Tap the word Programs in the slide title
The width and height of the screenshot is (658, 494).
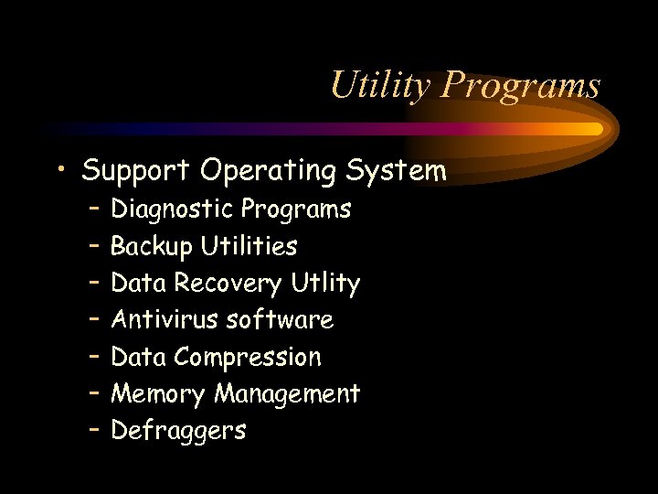point(521,86)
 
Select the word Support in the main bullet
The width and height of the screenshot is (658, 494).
point(136,171)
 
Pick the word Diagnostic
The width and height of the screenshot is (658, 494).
point(172,209)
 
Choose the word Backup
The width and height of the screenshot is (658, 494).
point(152,246)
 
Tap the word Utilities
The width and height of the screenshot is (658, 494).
point(249,246)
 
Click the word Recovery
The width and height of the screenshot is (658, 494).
point(228,284)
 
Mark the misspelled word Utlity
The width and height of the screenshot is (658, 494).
point(325,284)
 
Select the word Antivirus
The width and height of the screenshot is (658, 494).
point(165,320)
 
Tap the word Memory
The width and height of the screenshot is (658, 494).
point(159,394)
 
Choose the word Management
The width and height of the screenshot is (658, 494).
point(287,394)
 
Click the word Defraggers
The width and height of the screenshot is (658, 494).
point(178,431)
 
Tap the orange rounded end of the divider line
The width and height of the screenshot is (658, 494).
point(596,129)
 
